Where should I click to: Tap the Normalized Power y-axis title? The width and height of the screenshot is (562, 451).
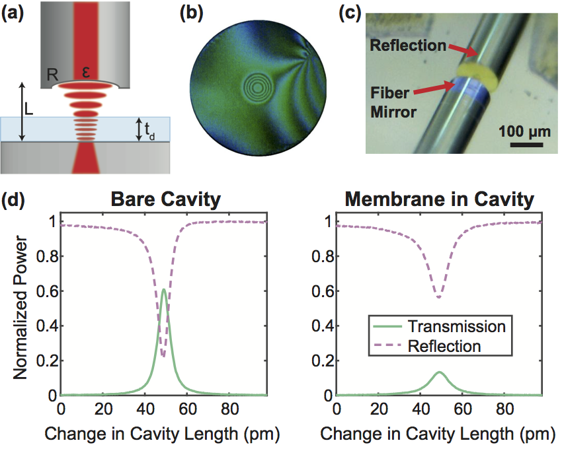click(x=20, y=310)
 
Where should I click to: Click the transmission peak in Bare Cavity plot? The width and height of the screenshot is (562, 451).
click(x=163, y=290)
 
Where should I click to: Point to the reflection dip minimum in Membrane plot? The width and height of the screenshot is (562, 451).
click(x=439, y=297)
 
